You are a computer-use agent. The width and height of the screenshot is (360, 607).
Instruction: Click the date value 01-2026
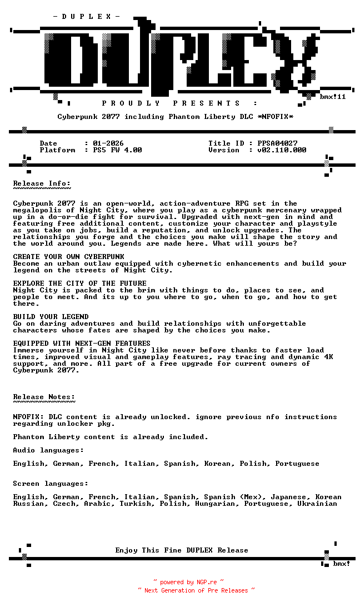[108, 143]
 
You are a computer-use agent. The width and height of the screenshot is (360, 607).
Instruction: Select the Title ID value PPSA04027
[277, 143]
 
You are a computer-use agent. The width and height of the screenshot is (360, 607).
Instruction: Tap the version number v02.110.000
[282, 150]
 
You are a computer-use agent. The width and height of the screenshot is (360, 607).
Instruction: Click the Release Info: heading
[42, 183]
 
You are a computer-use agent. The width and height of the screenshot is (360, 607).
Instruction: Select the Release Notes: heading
[44, 397]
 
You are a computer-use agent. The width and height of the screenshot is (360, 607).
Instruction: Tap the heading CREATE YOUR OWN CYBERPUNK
[68, 257]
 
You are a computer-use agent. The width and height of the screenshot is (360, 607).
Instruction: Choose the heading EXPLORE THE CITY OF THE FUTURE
[79, 283]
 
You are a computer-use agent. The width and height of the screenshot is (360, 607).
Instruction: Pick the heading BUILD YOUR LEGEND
[51, 317]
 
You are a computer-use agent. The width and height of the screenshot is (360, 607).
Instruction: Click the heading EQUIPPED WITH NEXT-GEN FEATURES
[82, 344]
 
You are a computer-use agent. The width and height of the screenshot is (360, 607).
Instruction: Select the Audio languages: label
[48, 450]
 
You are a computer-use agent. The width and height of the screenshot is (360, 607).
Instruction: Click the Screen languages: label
[51, 484]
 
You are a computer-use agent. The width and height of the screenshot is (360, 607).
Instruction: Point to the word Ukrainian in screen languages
[317, 504]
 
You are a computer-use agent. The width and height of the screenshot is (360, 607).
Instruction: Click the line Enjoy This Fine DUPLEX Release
[182, 550]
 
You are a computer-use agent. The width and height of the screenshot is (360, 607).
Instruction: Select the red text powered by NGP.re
[188, 583]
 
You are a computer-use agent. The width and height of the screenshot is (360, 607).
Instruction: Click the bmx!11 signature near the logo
[333, 97]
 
